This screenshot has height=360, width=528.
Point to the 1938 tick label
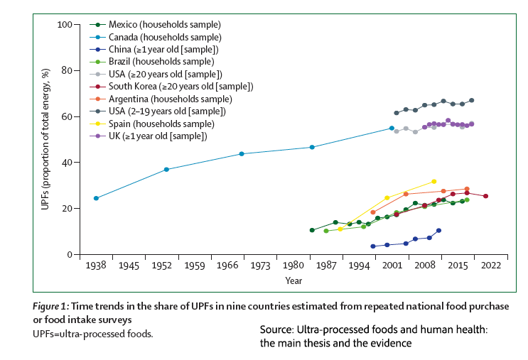(96, 266)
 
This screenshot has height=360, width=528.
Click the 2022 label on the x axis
(490, 266)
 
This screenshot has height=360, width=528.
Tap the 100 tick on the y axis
(65, 25)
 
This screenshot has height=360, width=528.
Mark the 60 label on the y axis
(67, 116)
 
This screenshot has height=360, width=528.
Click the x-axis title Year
(293, 280)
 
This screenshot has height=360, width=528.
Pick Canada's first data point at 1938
(96, 198)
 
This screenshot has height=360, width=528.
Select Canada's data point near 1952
(166, 170)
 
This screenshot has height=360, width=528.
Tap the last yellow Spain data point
(433, 182)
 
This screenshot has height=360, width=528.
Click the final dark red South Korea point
(485, 196)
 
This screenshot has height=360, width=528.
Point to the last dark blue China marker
(438, 231)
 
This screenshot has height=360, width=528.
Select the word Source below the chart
(276, 330)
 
